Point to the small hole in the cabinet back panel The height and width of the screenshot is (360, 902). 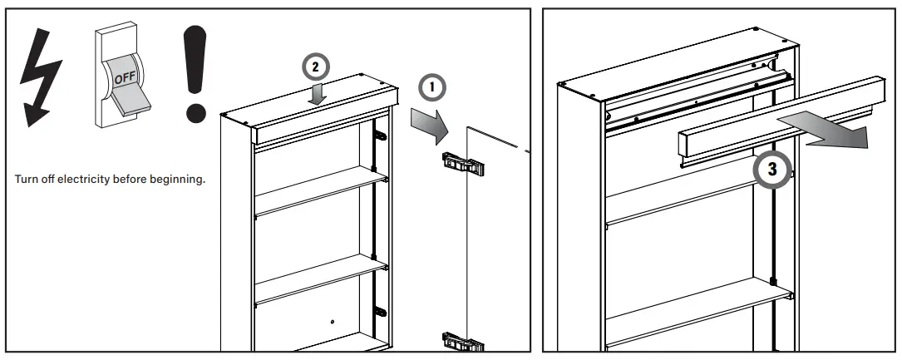(331, 322)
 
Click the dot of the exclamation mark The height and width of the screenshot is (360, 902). (196, 110)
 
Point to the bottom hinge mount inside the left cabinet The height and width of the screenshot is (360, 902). (380, 313)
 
